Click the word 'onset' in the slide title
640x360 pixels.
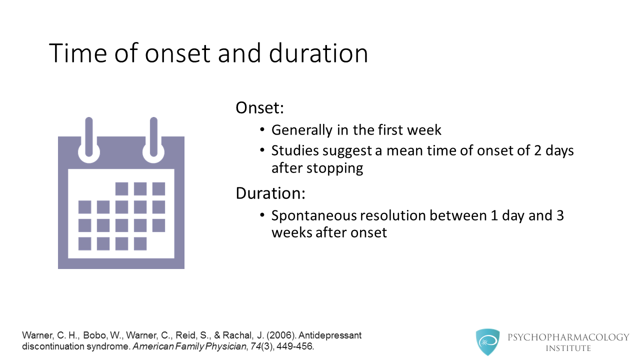(x=177, y=53)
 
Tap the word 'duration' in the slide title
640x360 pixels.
(x=318, y=53)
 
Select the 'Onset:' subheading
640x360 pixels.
(x=259, y=107)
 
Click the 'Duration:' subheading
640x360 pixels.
(x=270, y=193)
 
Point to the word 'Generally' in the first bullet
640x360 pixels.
(x=302, y=130)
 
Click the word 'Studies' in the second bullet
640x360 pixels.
(x=295, y=150)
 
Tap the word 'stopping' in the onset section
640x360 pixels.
(x=335, y=168)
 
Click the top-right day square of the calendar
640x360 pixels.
(x=158, y=188)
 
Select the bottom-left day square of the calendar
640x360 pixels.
(x=85, y=243)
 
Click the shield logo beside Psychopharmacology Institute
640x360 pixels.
(x=487, y=342)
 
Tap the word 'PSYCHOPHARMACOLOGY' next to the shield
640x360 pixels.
(x=568, y=337)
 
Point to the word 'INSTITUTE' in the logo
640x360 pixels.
(x=568, y=348)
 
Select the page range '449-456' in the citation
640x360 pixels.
(x=294, y=346)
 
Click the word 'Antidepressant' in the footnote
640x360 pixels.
(x=330, y=335)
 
